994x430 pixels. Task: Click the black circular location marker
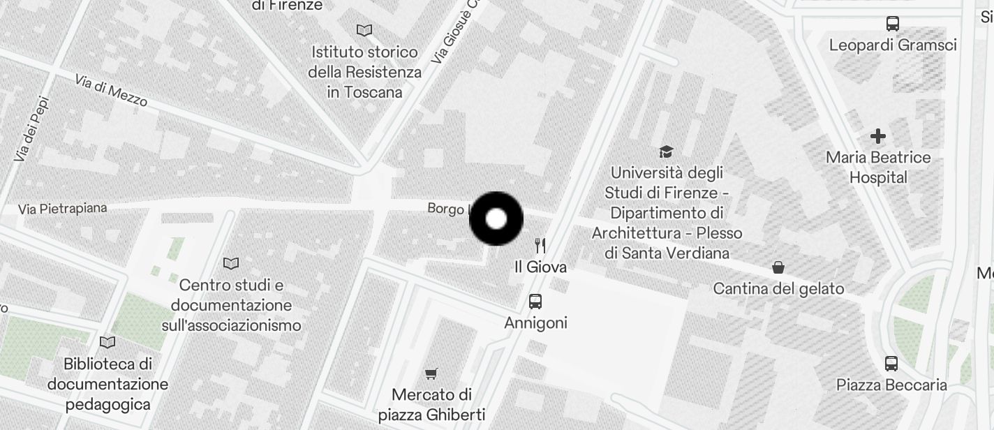click(496, 218)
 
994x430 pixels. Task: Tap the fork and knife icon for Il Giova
click(540, 245)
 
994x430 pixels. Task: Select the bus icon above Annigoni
click(535, 302)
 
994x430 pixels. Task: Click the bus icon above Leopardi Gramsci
click(892, 24)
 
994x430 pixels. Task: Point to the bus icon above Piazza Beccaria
click(891, 364)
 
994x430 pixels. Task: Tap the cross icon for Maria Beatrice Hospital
click(878, 136)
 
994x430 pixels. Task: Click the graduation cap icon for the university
click(666, 151)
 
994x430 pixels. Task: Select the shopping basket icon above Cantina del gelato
click(778, 267)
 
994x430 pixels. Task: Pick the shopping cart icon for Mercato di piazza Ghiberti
click(431, 374)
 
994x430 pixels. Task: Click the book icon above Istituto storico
click(364, 30)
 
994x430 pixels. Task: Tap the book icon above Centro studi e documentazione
click(231, 263)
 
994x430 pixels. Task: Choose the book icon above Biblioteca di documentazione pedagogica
click(107, 342)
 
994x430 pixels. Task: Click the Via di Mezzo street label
click(111, 91)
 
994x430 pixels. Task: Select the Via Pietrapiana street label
click(63, 209)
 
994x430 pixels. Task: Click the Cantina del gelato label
click(778, 288)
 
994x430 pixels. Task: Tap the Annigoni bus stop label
click(535, 322)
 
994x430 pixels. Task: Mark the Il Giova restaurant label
click(540, 267)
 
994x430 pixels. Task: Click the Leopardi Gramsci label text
click(892, 45)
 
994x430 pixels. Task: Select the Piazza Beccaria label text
click(891, 385)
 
